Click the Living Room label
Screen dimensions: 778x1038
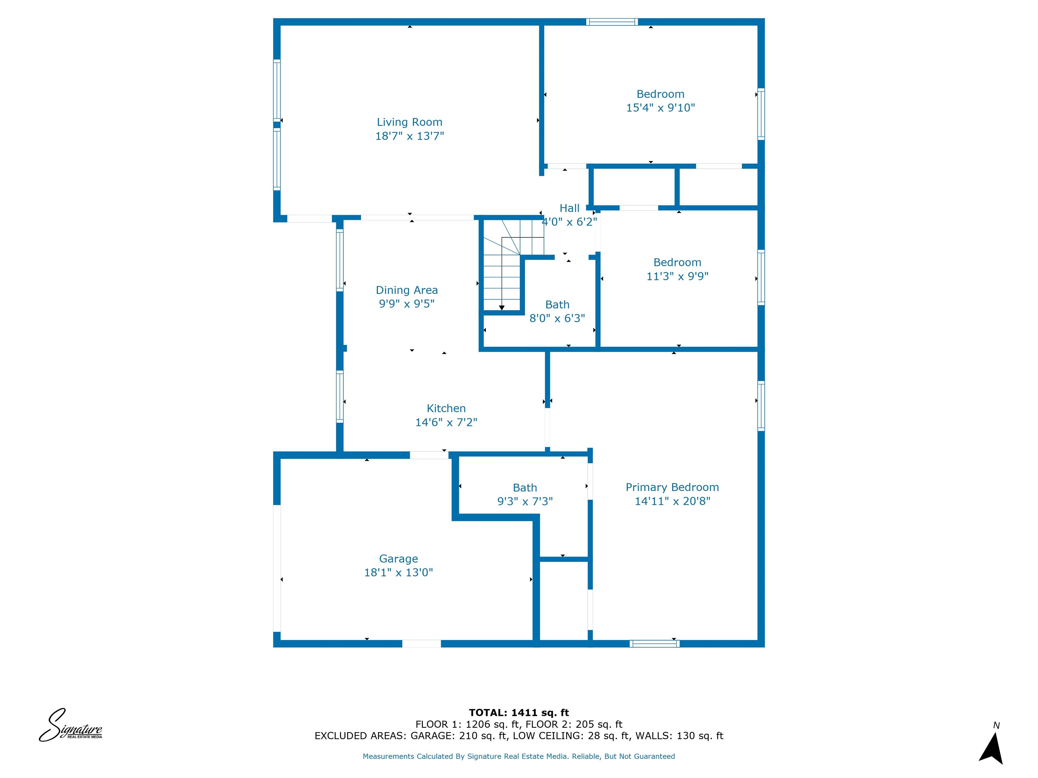[x=409, y=122]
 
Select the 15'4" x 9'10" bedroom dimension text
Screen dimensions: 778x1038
[x=660, y=108]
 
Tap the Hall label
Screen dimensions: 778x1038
[x=569, y=208]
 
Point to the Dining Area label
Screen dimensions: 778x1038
[x=406, y=290]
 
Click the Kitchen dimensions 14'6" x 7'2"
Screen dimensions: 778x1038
[x=446, y=422]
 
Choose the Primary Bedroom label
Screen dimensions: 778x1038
[x=672, y=487]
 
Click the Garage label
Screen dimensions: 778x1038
[x=398, y=559]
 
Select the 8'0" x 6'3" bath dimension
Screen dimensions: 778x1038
[x=557, y=318]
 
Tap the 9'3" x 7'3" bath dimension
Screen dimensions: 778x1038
[x=525, y=501]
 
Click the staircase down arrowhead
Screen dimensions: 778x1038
[x=502, y=308]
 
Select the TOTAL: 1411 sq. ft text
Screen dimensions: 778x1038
[x=519, y=713]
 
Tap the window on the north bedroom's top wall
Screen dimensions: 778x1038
[x=612, y=22]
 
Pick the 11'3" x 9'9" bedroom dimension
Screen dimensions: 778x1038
[x=677, y=276]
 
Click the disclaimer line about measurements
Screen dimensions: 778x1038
[x=519, y=756]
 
